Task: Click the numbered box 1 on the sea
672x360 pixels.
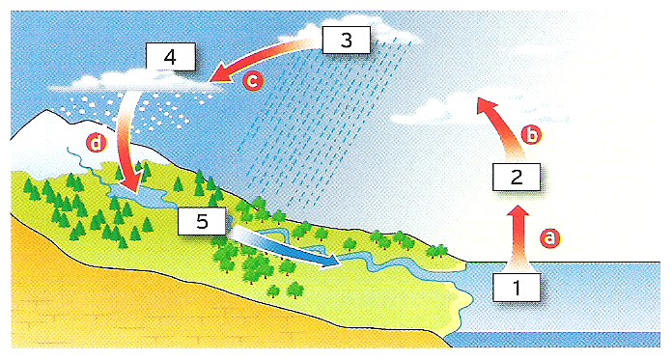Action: point(517,288)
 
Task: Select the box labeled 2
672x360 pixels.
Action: point(517,177)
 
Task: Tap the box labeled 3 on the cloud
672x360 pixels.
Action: point(346,40)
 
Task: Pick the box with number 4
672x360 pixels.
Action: point(171,57)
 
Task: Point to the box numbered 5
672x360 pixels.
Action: point(202,221)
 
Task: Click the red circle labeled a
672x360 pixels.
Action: point(549,237)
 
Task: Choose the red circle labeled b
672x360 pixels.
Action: point(531,134)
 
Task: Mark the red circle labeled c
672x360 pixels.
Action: point(253,81)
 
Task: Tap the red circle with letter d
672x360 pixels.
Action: point(96,143)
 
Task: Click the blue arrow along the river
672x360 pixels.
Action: point(285,248)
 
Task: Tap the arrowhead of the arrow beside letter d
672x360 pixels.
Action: point(133,184)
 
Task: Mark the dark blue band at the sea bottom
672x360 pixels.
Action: point(553,340)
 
